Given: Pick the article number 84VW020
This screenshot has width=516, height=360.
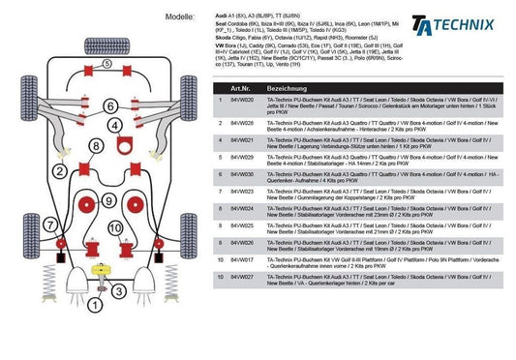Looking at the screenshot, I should [x=241, y=101].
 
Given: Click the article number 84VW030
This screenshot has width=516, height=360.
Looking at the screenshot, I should [x=241, y=174].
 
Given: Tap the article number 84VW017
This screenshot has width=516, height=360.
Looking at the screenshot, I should [x=241, y=261].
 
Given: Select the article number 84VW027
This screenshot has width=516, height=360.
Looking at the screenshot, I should [x=241, y=278].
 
